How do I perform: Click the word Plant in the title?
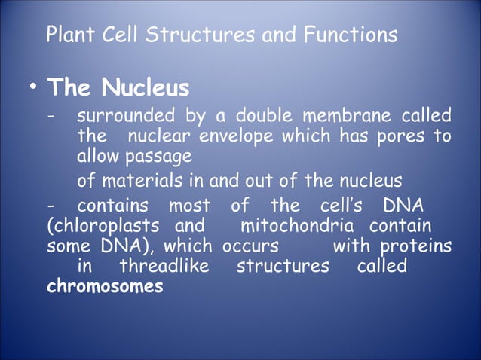tap(66, 35)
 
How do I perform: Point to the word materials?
tap(141, 182)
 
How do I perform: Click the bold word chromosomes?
tap(104, 287)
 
